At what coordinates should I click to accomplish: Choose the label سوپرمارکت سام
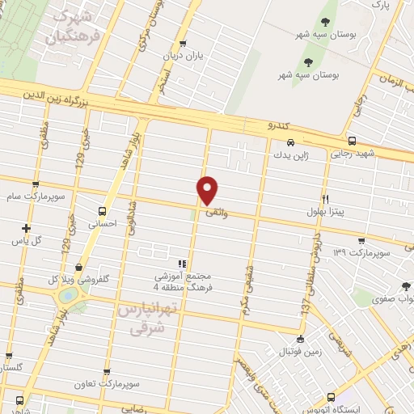[33, 196]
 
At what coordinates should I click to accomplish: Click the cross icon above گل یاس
[27, 228]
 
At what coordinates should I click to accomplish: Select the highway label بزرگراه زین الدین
[58, 93]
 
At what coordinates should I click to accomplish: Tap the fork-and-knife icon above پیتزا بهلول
[325, 199]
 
